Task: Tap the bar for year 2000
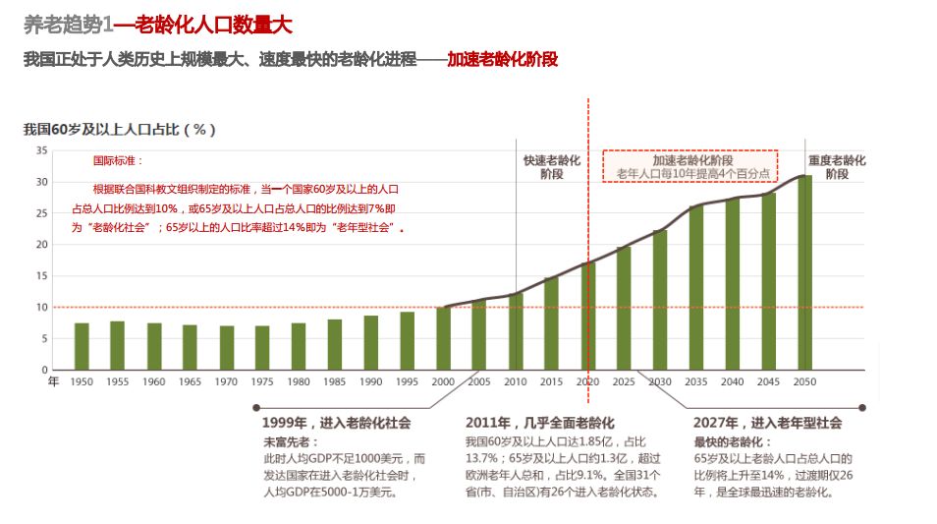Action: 444,338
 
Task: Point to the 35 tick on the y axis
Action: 41,150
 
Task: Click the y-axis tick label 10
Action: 41,308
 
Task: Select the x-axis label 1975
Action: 262,381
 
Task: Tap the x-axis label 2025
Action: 624,381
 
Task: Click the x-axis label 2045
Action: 768,381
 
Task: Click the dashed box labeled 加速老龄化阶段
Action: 689,166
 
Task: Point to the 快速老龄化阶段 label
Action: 551,166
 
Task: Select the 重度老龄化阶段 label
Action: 836,166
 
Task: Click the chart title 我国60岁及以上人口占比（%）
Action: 120,129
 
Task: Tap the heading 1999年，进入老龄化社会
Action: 336,423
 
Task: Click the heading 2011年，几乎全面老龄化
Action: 539,423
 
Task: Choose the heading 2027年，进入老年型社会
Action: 768,423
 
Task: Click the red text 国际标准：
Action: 118,160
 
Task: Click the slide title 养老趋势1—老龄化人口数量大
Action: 158,25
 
